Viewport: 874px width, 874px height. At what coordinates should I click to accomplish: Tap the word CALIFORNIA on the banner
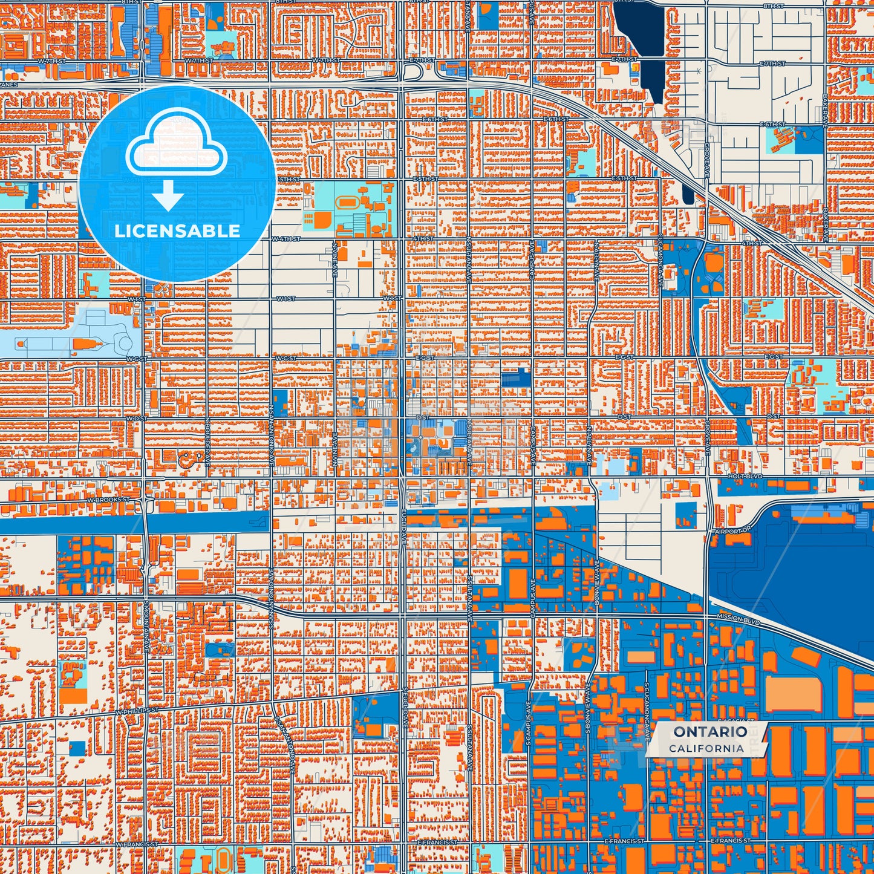click(706, 748)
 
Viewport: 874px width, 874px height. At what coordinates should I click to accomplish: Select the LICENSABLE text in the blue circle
click(177, 231)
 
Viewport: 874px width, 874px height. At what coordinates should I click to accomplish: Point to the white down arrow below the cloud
click(168, 197)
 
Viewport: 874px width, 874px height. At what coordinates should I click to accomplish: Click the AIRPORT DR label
click(732, 531)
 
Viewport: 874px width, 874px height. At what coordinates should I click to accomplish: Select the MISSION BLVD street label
click(737, 618)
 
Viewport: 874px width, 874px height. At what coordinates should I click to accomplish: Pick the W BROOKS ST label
click(109, 500)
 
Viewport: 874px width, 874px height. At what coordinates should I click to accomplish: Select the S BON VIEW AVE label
click(587, 709)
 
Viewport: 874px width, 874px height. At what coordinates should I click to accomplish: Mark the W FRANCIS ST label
click(136, 844)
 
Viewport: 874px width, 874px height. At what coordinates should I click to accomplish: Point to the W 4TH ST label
click(285, 239)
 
